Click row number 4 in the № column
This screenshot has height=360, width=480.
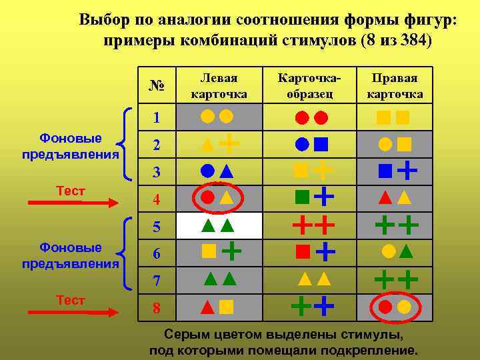point(157,199)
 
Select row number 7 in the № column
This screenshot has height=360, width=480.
point(157,281)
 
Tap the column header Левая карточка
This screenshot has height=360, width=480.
point(219,86)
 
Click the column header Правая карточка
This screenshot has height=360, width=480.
point(395,86)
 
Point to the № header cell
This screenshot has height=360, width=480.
point(157,86)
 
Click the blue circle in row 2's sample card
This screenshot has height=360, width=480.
point(302,143)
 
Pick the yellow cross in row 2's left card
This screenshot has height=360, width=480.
point(229,143)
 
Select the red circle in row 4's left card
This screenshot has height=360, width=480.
point(207,197)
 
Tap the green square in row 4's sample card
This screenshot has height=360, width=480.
point(302,197)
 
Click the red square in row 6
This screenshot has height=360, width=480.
point(302,251)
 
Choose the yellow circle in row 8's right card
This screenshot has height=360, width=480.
point(404,307)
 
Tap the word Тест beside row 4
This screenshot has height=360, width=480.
point(71,191)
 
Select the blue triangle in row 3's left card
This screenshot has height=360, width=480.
point(227,170)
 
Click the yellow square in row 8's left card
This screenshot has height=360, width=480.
point(227,307)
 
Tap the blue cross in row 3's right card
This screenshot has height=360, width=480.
point(407,171)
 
